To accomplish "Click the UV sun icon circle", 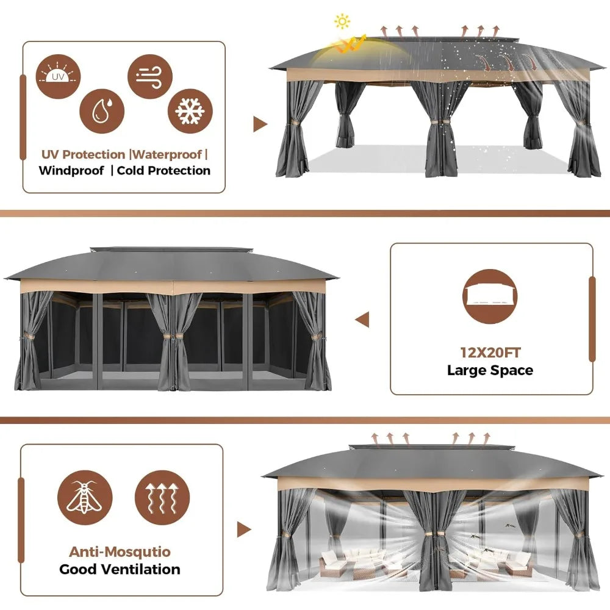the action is (x=58, y=76).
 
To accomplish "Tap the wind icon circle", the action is (x=150, y=76).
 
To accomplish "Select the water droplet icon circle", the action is (x=102, y=111).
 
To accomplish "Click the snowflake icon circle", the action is (x=190, y=111).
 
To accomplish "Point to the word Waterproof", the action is (x=167, y=154).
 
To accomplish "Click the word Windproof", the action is (x=71, y=170).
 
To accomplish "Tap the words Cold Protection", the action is (x=163, y=170).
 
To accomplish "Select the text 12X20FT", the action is (x=490, y=353).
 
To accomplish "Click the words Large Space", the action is (x=490, y=370).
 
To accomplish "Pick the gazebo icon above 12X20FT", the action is (x=490, y=296).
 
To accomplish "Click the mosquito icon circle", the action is (x=85, y=498).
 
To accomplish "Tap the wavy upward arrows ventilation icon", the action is (x=162, y=498).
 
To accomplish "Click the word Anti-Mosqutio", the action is (x=120, y=551).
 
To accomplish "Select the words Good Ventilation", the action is (x=120, y=569).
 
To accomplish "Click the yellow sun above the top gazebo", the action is (x=342, y=22).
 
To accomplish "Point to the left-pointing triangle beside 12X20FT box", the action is (x=362, y=320).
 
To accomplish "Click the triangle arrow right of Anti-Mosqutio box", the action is (x=244, y=529).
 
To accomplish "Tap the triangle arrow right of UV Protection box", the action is (x=260, y=124).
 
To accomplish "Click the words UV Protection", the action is (x=83, y=154).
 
